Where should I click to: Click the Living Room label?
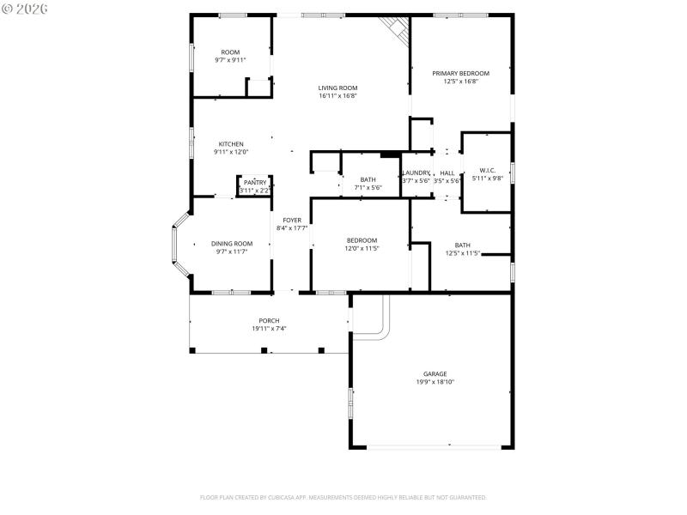point(337,88)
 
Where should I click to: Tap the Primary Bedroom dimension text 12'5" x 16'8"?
point(466,82)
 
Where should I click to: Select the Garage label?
point(435,373)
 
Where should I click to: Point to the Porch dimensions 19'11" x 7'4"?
point(269,329)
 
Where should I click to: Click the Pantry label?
point(255,183)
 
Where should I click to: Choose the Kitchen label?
point(231,144)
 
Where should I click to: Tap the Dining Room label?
point(232,244)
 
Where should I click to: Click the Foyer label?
point(292,221)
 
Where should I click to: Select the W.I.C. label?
point(488,170)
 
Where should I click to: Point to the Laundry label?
point(416,173)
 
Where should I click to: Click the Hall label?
point(447,173)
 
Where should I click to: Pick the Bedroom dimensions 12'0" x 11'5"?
point(362,248)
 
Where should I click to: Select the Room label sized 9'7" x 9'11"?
point(230,52)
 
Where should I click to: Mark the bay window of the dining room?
point(179,245)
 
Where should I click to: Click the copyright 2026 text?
point(25,8)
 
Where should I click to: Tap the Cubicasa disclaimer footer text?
point(343,497)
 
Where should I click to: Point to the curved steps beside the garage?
point(378,322)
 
